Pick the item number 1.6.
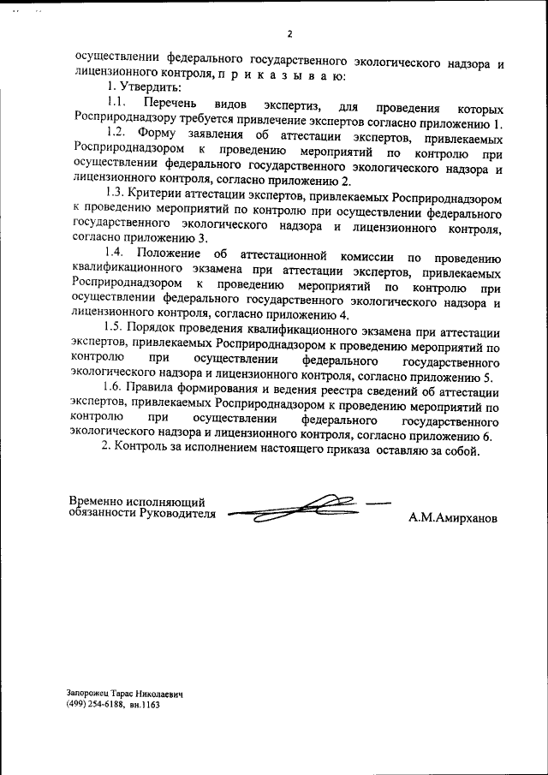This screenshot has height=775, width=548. tap(112, 389)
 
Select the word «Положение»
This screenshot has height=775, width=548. tap(170, 254)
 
